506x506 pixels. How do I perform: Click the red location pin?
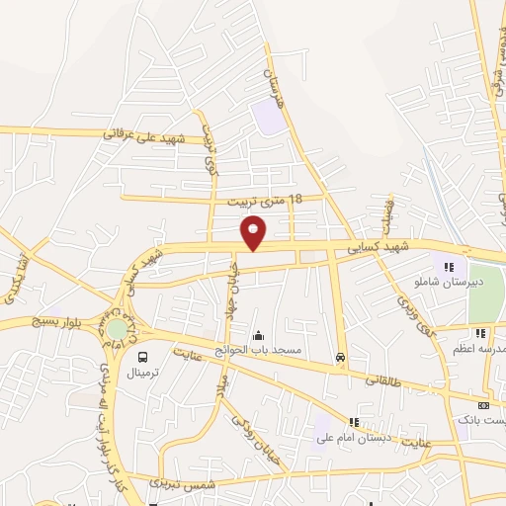click(254, 232)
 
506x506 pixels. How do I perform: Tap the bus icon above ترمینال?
click(143, 357)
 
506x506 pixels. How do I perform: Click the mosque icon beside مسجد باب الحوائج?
click(258, 336)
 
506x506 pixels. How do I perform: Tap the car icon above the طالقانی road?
click(341, 358)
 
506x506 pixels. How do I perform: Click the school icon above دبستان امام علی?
click(354, 422)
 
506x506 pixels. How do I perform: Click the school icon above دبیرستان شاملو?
click(448, 266)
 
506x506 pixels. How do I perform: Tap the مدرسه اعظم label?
click(484, 349)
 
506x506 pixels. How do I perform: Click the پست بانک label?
click(481, 421)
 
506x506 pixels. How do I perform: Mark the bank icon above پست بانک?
click(483, 405)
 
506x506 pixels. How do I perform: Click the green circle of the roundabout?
click(117, 328)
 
